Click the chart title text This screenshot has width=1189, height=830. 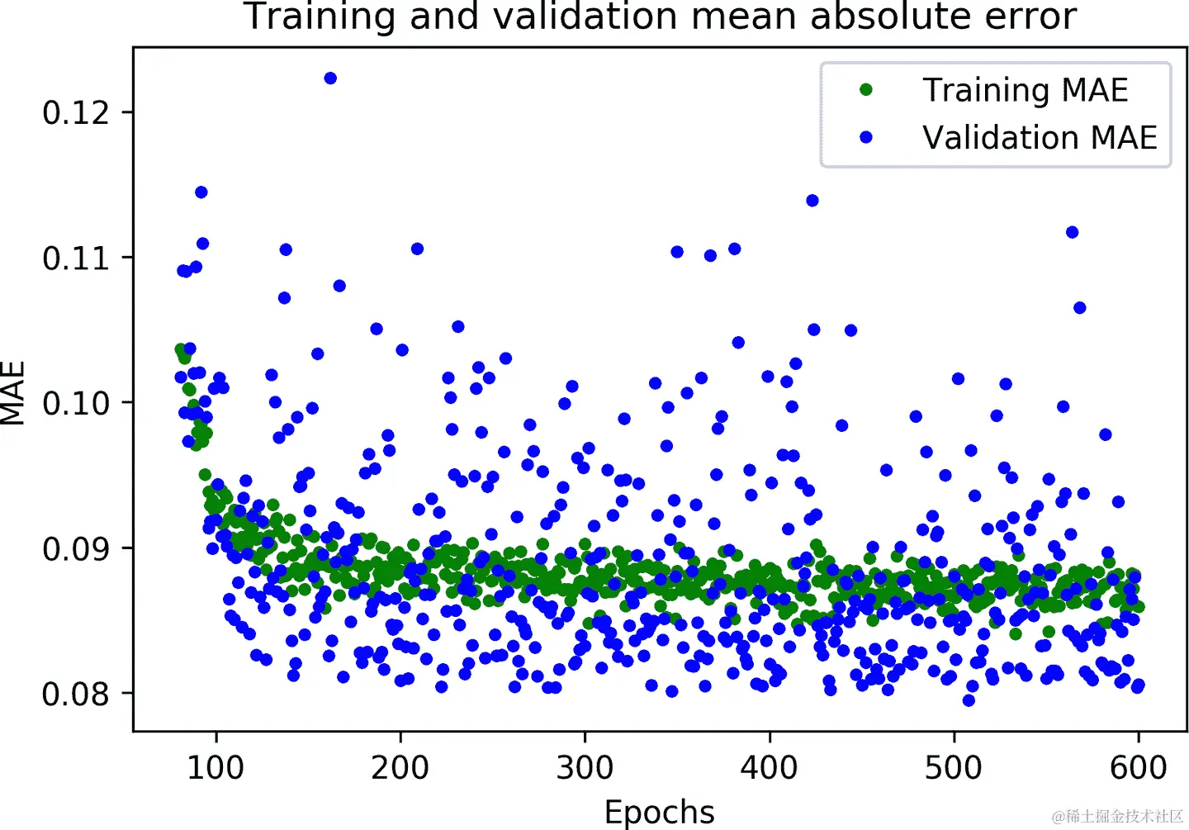pos(660,17)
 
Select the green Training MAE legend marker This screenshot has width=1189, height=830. pos(866,90)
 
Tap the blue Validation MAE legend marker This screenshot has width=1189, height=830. pos(866,137)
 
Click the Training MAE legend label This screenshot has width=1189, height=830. pos(1025,90)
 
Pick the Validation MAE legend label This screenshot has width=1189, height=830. pos(1040,137)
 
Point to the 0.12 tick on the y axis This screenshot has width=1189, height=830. pos(76,112)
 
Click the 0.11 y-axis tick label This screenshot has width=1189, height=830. pos(76,258)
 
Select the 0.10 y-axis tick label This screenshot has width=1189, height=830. pos(76,403)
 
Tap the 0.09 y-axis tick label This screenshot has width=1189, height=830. pos(76,548)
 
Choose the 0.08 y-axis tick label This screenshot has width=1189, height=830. pos(76,694)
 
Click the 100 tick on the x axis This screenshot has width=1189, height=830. pos(216,768)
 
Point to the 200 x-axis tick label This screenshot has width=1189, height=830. pos(400,768)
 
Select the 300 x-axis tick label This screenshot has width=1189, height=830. pos(585,768)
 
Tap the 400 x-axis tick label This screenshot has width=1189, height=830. pos(770,768)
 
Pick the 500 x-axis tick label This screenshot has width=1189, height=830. pos(954,768)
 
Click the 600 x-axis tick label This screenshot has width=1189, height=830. pos(1139,768)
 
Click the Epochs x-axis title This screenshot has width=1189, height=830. pos(660,812)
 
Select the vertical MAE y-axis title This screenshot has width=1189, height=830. pos(14,393)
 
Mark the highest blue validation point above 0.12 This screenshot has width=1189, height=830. pos(330,78)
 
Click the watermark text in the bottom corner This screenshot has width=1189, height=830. pos(1118,817)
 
